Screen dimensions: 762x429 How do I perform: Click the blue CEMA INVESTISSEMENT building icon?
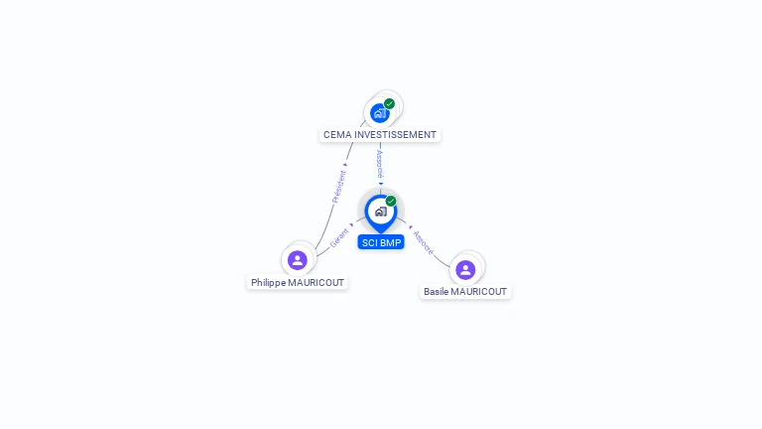380,113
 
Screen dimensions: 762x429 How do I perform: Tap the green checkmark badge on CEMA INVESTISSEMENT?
389,103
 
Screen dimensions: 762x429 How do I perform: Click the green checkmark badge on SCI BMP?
391,201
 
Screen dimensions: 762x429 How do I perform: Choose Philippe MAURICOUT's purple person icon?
298,260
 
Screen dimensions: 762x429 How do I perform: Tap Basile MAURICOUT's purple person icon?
465,269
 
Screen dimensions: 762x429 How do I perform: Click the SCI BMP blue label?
381,242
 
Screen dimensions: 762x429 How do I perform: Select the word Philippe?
268,283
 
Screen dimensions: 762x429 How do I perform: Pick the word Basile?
436,292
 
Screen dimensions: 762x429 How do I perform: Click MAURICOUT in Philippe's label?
316,283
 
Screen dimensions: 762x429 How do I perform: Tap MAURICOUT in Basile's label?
478,292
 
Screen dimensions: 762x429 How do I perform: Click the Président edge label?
338,187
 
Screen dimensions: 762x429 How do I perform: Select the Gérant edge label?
339,238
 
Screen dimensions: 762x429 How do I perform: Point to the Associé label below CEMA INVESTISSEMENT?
380,165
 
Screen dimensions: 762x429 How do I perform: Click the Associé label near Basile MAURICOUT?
424,242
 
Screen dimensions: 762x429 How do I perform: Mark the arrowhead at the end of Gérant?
351,224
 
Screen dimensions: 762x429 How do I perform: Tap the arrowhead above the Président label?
345,165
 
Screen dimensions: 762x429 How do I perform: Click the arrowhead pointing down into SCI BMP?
381,184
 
